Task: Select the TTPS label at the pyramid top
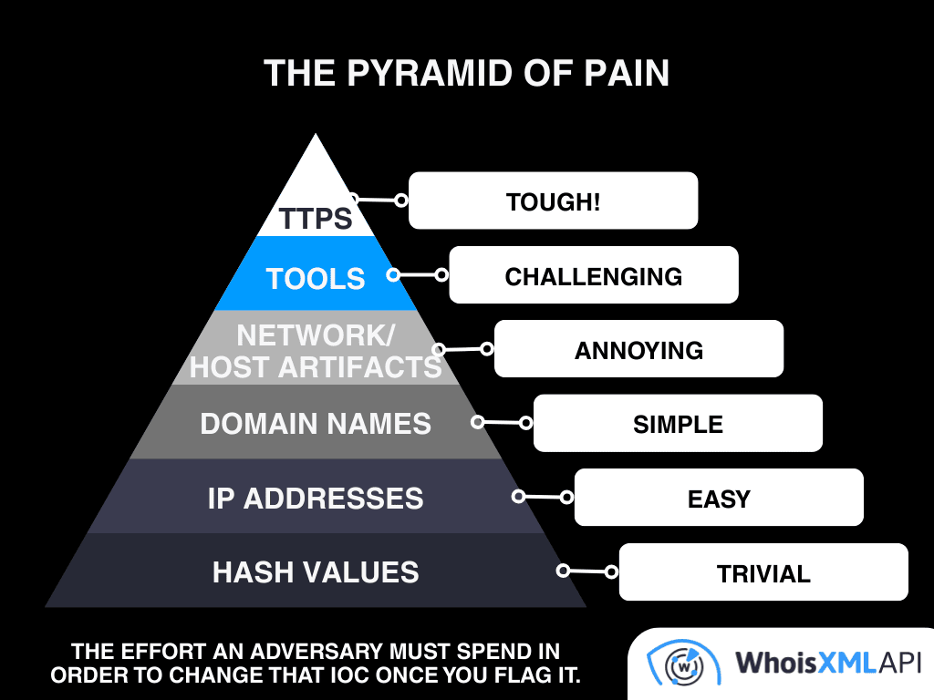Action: [x=316, y=219]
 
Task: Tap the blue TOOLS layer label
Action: [x=316, y=278]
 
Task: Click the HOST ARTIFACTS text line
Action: [x=316, y=366]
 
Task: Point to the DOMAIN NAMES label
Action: [x=316, y=424]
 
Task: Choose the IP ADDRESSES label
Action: [x=316, y=499]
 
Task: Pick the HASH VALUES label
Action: [x=316, y=572]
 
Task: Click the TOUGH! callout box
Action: [x=553, y=201]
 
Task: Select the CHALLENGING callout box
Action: [x=594, y=275]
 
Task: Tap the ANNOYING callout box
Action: [x=638, y=350]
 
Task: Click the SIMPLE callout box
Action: [x=678, y=424]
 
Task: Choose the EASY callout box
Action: [x=719, y=499]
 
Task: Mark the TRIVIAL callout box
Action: [x=763, y=573]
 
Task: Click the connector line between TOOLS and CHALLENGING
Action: [x=418, y=274]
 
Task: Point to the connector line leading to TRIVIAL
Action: [x=587, y=571]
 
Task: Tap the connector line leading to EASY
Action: [x=543, y=498]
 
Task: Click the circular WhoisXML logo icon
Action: [x=677, y=664]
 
